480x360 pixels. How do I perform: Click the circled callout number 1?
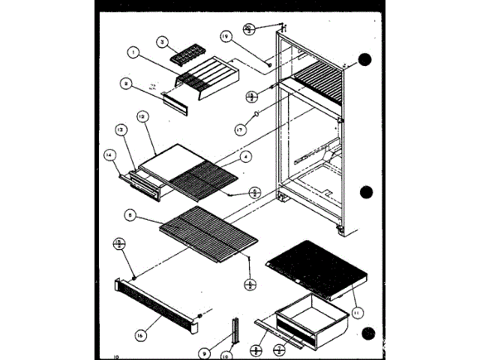point(133,52)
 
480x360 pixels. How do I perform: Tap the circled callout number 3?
point(161,41)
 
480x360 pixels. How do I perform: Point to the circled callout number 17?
point(241,129)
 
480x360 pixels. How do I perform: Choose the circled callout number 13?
point(118,129)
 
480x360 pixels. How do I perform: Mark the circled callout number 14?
point(109,155)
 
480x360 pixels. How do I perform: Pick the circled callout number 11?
point(357,312)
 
